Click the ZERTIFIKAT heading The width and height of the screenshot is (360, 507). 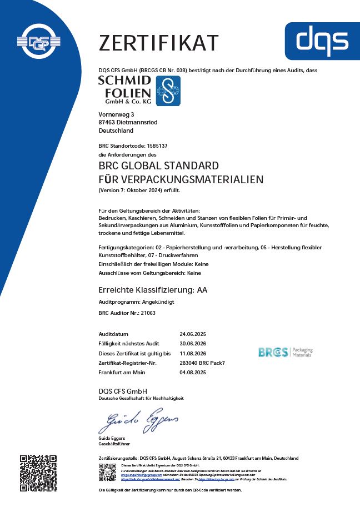coord(158,43)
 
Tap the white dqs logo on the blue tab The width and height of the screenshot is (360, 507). coord(322,40)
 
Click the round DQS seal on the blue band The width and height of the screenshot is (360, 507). coord(39,41)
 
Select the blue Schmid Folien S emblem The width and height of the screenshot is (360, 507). coord(168,91)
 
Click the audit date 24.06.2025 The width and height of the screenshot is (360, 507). coord(193,334)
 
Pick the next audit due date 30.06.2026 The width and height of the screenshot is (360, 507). coord(193,344)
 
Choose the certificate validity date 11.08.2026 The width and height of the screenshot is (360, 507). coord(193,353)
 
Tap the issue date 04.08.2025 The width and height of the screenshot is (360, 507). coord(193,372)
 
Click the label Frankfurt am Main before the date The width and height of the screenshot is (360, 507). coord(121,372)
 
